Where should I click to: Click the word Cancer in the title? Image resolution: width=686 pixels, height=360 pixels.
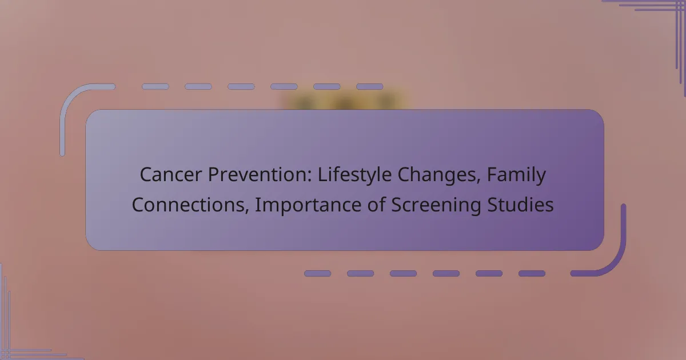(x=171, y=174)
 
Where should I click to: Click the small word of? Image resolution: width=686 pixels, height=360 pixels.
(x=376, y=205)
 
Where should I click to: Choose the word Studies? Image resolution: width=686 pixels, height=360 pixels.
(x=520, y=205)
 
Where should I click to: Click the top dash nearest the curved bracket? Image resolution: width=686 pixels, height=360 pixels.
(x=155, y=87)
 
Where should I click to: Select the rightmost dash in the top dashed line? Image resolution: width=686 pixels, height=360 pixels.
(x=370, y=87)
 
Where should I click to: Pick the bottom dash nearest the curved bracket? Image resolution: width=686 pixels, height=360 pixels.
(x=532, y=273)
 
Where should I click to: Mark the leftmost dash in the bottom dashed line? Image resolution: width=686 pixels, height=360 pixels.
(x=318, y=273)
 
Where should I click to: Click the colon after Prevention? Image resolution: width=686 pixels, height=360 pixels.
(x=309, y=177)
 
